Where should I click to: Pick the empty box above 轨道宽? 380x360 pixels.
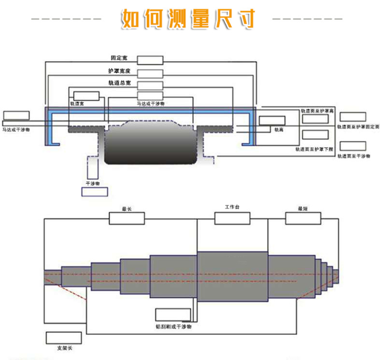click(87, 96)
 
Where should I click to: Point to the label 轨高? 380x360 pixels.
click(279, 130)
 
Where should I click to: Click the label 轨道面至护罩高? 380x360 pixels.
click(317, 110)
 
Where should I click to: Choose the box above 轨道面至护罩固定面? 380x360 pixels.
click(353, 117)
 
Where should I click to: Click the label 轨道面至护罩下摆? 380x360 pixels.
click(315, 149)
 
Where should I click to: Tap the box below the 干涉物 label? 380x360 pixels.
click(95, 192)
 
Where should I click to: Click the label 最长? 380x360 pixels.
click(127, 209)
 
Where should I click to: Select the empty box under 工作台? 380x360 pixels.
click(232, 218)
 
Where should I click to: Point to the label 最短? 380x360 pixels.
click(303, 209)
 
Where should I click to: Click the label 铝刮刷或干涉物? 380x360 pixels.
click(174, 327)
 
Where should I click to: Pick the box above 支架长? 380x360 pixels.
click(63, 338)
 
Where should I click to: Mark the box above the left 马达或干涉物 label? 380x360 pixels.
click(16, 115)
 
